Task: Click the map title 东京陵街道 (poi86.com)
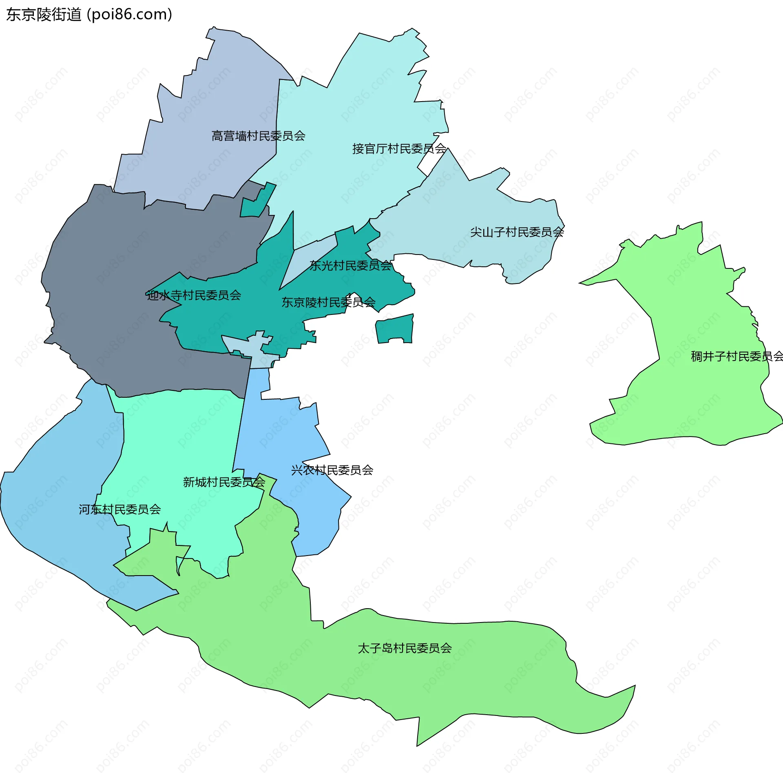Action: tap(89, 15)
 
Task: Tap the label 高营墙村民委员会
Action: tap(258, 136)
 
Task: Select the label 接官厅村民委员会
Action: tap(399, 148)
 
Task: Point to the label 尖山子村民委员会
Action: tap(517, 232)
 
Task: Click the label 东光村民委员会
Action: tap(350, 266)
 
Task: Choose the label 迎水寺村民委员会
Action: tap(194, 295)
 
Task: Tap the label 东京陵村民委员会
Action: tap(328, 302)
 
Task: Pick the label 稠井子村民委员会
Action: tap(737, 357)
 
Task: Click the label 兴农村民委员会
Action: tap(332, 470)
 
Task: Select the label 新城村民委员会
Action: tap(224, 482)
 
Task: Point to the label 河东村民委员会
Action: tap(119, 509)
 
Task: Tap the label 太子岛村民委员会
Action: tap(405, 648)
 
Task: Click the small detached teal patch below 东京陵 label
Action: tap(394, 329)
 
